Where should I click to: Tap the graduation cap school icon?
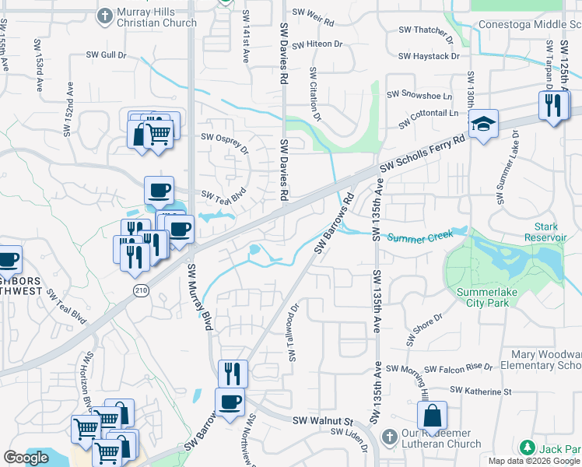483,124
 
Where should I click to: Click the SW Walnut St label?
323,420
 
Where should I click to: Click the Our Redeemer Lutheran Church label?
441,438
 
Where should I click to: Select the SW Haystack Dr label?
429,56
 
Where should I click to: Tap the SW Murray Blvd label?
198,296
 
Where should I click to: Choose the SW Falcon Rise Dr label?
439,367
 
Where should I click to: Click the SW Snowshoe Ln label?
425,95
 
